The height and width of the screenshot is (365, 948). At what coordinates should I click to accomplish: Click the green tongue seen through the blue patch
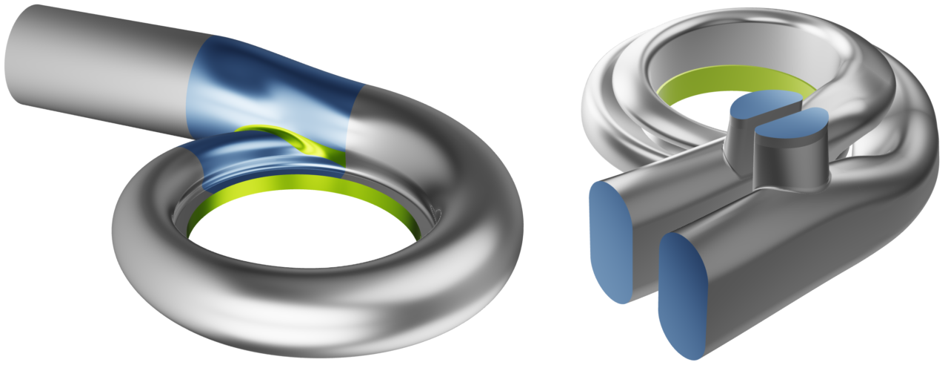pyautogui.click(x=296, y=141)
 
